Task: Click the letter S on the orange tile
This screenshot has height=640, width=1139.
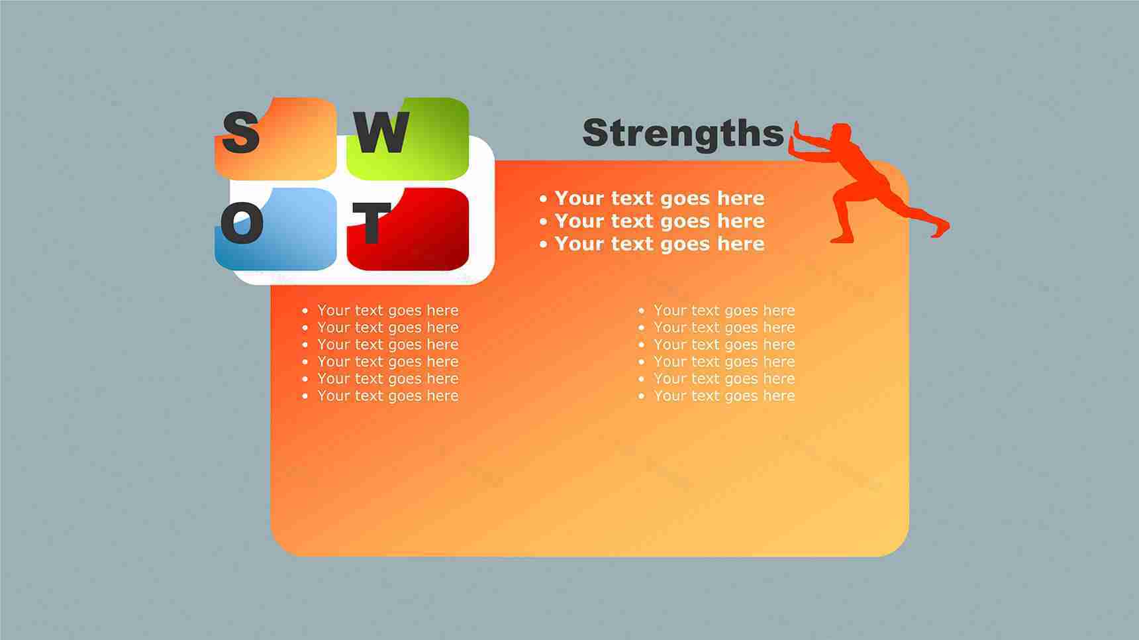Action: tap(240, 132)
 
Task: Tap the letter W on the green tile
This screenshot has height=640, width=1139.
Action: tap(382, 132)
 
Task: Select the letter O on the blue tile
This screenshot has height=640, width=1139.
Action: tap(242, 223)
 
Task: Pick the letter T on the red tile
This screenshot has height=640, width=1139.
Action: tap(371, 223)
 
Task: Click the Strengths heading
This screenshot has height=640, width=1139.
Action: tap(683, 134)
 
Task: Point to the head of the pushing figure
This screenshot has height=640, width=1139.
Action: tap(841, 133)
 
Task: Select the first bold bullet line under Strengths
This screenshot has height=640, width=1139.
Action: tap(652, 198)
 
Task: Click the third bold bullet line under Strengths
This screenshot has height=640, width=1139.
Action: tap(652, 244)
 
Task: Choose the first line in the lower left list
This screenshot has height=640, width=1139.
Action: tap(380, 310)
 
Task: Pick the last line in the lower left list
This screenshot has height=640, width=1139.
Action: tap(380, 396)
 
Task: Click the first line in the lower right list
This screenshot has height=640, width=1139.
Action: tap(717, 310)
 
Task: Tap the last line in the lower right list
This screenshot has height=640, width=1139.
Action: tap(717, 396)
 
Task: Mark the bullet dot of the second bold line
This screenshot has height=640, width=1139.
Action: tap(544, 221)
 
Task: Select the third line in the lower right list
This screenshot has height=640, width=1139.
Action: tap(717, 345)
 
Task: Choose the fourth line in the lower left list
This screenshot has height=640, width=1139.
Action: tap(380, 362)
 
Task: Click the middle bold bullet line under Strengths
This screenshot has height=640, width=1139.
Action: tap(652, 221)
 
